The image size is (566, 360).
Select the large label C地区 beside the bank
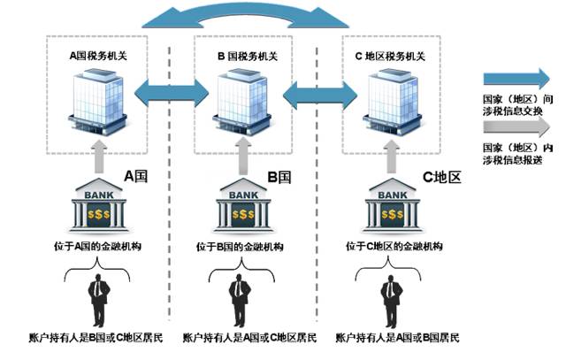click(x=441, y=177)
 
